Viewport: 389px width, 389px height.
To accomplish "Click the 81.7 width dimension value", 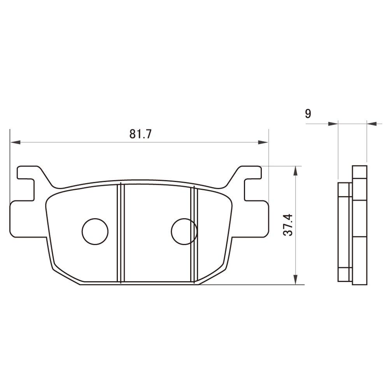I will click(x=140, y=134).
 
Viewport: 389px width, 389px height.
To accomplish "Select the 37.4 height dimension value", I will click(x=288, y=226).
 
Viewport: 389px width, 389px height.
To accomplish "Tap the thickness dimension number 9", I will click(x=308, y=114).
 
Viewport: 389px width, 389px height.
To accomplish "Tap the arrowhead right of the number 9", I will click(x=333, y=124).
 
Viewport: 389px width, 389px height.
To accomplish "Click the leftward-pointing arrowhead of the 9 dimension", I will click(x=372, y=124).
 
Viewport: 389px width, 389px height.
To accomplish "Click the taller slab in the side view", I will click(x=359, y=226).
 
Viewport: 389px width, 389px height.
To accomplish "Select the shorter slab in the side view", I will click(x=344, y=231).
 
